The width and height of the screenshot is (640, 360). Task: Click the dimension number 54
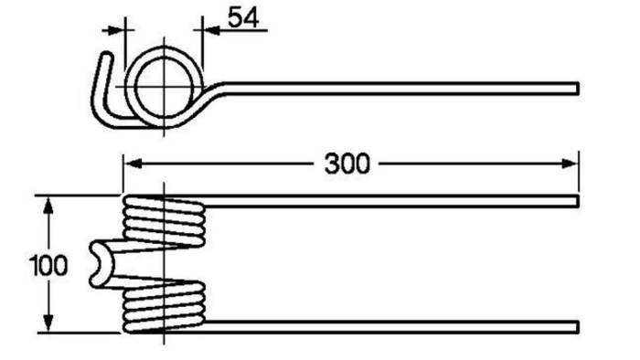(x=243, y=18)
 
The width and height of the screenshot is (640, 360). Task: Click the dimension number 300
(x=347, y=164)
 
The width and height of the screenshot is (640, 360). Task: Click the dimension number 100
(x=48, y=265)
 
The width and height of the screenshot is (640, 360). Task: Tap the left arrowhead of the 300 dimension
(x=133, y=164)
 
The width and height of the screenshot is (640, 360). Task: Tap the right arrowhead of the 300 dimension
(x=570, y=164)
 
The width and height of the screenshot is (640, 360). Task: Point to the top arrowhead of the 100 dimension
(x=48, y=205)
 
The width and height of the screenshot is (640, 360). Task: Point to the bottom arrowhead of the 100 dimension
(x=48, y=323)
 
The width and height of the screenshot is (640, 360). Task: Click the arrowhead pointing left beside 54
(x=211, y=30)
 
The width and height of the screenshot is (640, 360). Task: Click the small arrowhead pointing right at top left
(x=116, y=30)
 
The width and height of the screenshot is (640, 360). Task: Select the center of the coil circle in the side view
(x=164, y=87)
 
